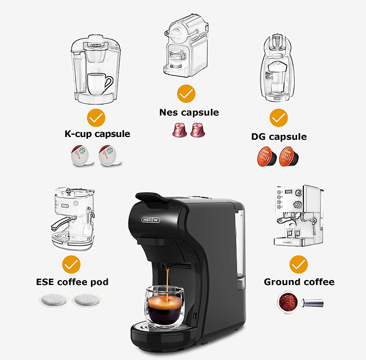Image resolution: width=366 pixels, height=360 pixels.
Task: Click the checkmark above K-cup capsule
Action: click(96, 117)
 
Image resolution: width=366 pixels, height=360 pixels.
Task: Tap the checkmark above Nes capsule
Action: click(187, 94)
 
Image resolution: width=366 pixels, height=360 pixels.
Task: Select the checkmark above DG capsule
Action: click(278, 117)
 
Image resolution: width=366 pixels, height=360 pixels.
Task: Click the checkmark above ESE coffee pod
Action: click(71, 265)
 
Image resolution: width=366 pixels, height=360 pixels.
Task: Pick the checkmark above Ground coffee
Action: click(299, 265)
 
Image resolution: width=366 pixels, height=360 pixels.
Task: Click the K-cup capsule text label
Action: click(97, 134)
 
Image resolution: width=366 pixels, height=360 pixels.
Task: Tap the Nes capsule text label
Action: click(189, 113)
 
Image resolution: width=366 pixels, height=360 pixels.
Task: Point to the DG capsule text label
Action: click(279, 136)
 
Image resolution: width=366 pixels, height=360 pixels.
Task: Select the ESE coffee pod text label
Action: click(72, 282)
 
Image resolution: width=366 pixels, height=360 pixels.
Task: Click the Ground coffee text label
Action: click(299, 282)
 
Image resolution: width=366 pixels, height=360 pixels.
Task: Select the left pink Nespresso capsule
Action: click(178, 130)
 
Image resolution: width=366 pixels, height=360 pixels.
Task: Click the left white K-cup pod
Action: click(79, 156)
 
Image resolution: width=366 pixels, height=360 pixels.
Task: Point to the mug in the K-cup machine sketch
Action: click(99, 84)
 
